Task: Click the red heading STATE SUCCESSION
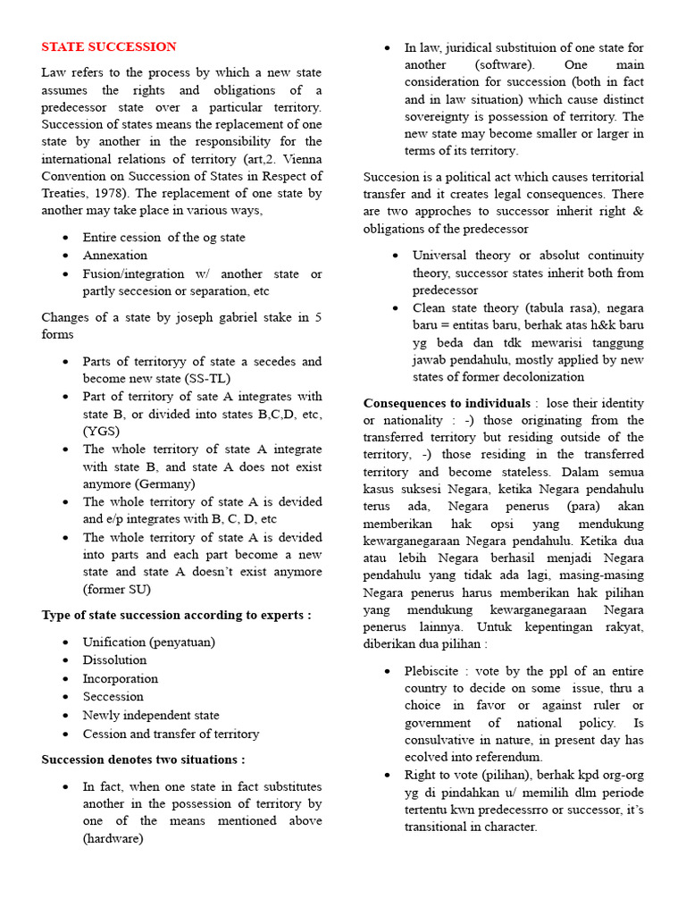pyautogui.click(x=109, y=47)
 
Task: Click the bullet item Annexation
pyautogui.click(x=115, y=256)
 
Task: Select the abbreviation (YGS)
pyautogui.click(x=101, y=431)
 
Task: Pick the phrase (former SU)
pyautogui.click(x=117, y=589)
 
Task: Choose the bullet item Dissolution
pyautogui.click(x=114, y=660)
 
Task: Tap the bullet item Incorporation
pyautogui.click(x=121, y=679)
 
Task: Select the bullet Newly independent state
pyautogui.click(x=151, y=716)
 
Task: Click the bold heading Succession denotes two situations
pyautogui.click(x=143, y=760)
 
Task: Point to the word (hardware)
pyautogui.click(x=113, y=839)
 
